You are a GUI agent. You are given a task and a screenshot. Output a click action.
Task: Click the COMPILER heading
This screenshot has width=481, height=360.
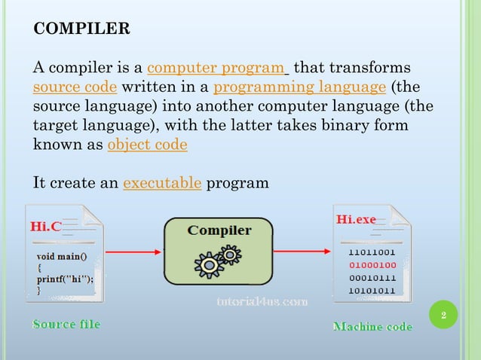pyautogui.click(x=82, y=29)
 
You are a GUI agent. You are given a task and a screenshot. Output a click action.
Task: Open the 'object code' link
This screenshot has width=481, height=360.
pyautogui.click(x=147, y=144)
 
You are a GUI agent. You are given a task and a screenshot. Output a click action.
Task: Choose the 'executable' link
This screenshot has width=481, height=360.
pyautogui.click(x=161, y=183)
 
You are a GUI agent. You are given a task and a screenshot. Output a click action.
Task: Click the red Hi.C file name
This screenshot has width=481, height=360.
pyautogui.click(x=45, y=226)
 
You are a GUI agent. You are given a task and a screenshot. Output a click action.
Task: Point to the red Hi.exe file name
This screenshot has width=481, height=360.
pyautogui.click(x=356, y=219)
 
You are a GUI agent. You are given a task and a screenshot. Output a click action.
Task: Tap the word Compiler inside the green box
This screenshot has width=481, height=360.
pyautogui.click(x=219, y=230)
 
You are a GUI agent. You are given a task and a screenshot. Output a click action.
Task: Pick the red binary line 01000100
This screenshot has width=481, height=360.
pyautogui.click(x=372, y=265)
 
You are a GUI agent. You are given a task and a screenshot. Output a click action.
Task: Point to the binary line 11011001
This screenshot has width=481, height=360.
pyautogui.click(x=372, y=252)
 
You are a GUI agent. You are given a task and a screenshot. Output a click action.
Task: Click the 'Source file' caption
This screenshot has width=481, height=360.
pyautogui.click(x=66, y=325)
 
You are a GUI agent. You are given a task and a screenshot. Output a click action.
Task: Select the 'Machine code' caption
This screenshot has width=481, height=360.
pyautogui.click(x=372, y=327)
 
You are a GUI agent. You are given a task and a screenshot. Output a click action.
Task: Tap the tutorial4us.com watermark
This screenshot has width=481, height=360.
pyautogui.click(x=261, y=301)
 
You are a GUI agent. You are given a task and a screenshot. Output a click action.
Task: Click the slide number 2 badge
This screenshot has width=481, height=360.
pyautogui.click(x=444, y=314)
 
